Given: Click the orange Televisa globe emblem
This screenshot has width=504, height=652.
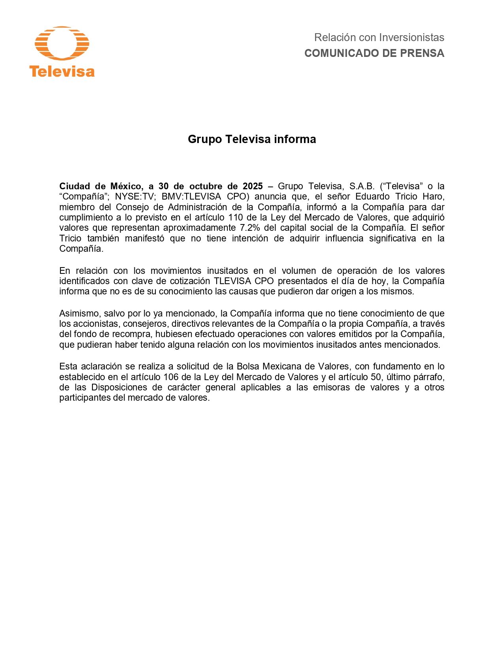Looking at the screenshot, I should point(62,43).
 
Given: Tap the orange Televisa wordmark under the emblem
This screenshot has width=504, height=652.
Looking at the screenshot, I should point(62,72).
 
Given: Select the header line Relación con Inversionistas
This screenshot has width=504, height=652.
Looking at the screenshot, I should point(379,38).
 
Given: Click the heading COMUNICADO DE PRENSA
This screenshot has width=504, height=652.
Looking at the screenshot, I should point(374,53).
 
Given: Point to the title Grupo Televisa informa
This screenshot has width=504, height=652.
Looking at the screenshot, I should point(252,139).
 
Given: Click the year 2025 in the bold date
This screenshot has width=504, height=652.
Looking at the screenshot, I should point(253,186).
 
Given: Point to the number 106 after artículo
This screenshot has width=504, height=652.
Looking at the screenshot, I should point(171,377).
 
